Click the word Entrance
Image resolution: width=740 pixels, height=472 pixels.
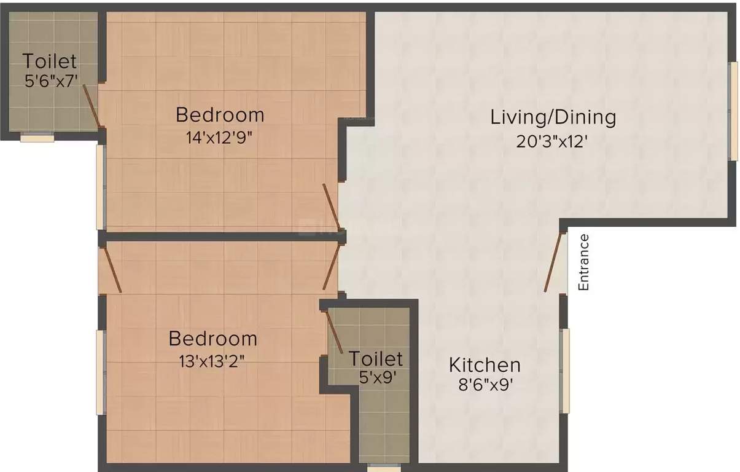coord(583,262)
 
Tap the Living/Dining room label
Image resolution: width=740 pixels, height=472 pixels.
coord(552,117)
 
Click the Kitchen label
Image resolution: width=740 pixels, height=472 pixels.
coord(485,364)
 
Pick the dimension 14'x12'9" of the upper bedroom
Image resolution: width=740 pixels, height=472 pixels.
coord(220,137)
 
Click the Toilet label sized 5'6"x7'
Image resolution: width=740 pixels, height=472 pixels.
coord(50,61)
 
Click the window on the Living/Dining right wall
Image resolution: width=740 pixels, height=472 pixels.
coord(733,111)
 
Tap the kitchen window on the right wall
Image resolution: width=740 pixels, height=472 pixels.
coord(566,370)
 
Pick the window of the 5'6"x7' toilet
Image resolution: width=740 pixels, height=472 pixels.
coord(37,138)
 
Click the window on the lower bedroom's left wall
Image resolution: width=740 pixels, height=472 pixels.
coord(99,372)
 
